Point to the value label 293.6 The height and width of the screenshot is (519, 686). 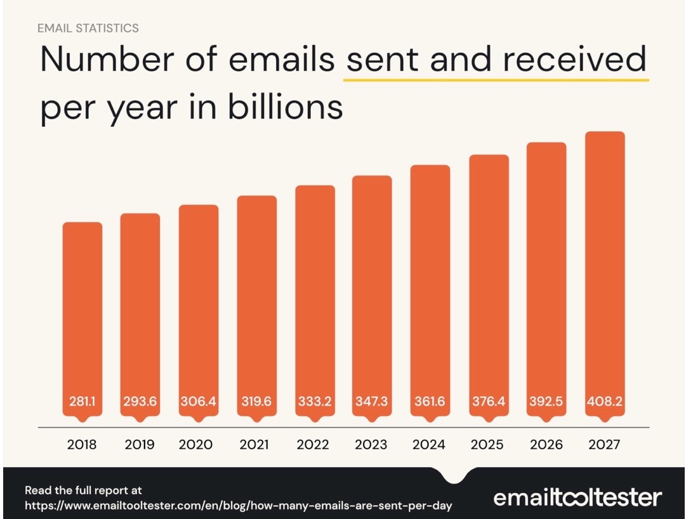[x=140, y=402]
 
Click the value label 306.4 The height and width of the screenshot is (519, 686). [x=199, y=402]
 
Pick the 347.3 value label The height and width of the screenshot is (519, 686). [x=372, y=402]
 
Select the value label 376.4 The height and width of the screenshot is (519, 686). [x=489, y=402]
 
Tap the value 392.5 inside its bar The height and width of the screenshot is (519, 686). [x=546, y=402]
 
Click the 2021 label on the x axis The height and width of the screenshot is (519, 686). [x=256, y=445]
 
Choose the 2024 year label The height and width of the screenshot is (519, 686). [x=430, y=445]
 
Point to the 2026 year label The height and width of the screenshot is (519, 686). [x=546, y=445]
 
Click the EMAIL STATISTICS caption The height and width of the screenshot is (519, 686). [x=88, y=28]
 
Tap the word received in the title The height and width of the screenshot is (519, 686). [x=574, y=60]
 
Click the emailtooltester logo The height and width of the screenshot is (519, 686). [x=577, y=497]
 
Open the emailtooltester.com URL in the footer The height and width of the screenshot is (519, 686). [x=239, y=506]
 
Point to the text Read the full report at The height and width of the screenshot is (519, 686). [x=83, y=490]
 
